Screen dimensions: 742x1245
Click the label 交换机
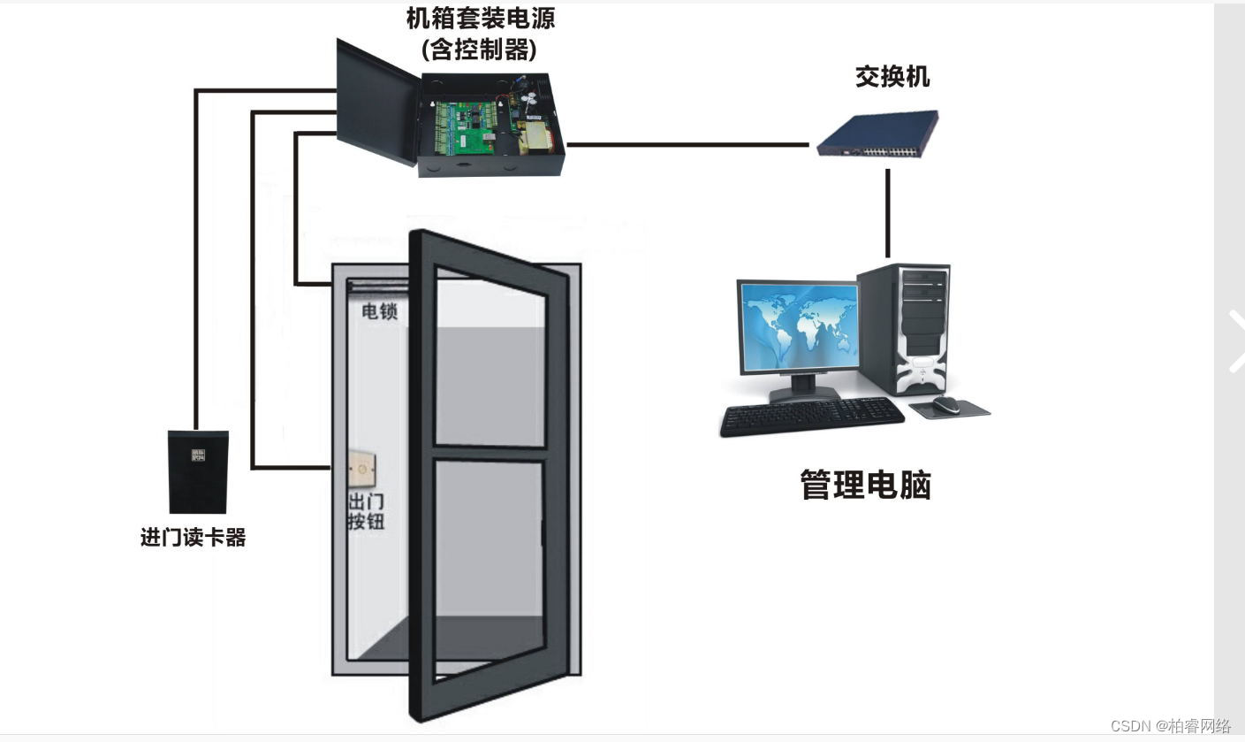pos(892,77)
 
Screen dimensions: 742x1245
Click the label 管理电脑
pos(865,485)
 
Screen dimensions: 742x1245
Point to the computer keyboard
pos(810,416)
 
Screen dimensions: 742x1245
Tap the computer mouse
pos(945,404)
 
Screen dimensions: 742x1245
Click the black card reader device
pos(198,471)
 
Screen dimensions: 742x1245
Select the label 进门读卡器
pos(193,537)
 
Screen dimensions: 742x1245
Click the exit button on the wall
pos(362,469)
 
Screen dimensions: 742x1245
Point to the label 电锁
pos(379,311)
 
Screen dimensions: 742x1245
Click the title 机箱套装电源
pos(481,18)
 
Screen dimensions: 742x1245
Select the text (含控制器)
pos(480,49)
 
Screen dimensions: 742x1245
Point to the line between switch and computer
pos(887,212)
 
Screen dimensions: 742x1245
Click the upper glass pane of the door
pos(490,363)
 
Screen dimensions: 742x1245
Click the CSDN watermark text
pos(1170,726)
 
